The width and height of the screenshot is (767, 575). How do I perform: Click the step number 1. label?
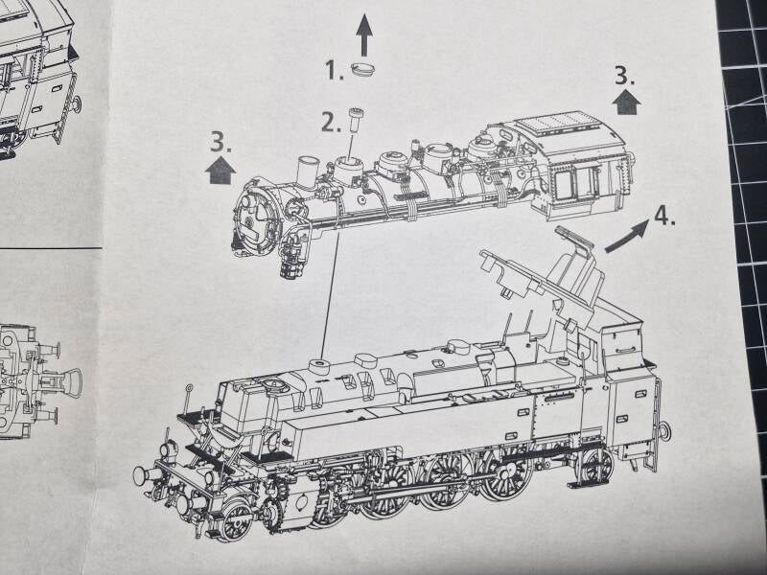[334, 69]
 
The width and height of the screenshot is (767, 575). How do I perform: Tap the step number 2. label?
[331, 123]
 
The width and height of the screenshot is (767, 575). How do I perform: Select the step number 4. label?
[664, 215]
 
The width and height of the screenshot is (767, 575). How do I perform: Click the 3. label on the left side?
[221, 141]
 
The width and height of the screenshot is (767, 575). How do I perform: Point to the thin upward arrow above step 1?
[364, 34]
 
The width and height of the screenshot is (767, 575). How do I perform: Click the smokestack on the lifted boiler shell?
[307, 171]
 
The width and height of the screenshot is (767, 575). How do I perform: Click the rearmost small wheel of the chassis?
[596, 466]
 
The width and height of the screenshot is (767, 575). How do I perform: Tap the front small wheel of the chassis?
[234, 522]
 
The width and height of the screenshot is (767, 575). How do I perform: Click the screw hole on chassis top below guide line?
[319, 365]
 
